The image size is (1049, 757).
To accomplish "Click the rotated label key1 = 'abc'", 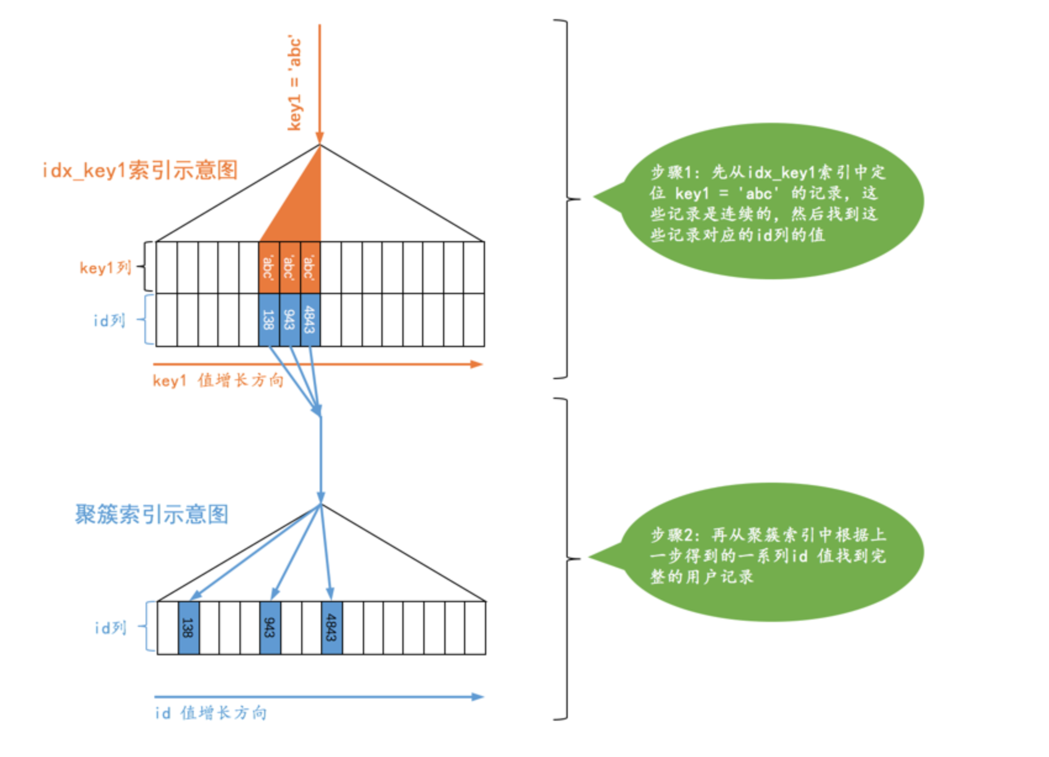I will [295, 83].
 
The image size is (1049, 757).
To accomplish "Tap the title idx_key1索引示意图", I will [140, 170].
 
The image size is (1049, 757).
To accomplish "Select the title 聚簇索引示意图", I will [152, 514].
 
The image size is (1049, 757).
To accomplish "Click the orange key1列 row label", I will [106, 268].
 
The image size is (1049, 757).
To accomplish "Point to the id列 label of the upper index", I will [109, 321].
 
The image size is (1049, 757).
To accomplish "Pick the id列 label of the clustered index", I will [110, 628].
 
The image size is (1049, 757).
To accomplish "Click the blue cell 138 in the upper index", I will [269, 320].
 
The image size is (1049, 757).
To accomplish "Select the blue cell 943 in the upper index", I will [289, 320].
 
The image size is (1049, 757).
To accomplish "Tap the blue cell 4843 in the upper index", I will [310, 320].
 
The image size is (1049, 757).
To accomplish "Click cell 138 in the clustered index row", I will [188, 628].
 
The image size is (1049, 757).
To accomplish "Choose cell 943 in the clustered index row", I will [270, 628].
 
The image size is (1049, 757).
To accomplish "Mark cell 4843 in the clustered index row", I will [331, 628].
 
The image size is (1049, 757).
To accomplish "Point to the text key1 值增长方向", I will [218, 380].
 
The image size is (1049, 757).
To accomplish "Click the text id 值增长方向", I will [211, 713].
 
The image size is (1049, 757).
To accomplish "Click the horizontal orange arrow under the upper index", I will [317, 364].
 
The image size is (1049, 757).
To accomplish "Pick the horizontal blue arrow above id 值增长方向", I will [318, 697].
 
